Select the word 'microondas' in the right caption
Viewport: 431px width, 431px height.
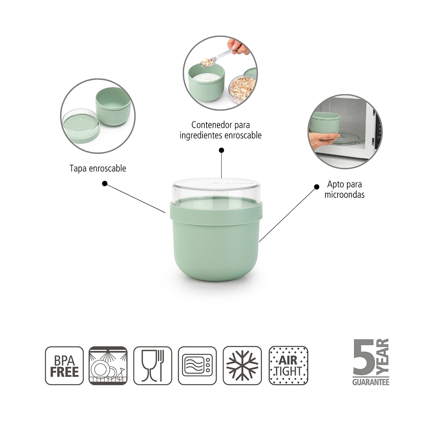(x=344, y=195)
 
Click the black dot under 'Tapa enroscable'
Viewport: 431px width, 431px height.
(x=105, y=184)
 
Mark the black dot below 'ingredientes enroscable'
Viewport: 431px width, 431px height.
(x=222, y=150)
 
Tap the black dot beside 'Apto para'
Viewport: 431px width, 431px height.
(x=317, y=187)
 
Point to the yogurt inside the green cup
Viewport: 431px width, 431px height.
(x=206, y=78)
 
